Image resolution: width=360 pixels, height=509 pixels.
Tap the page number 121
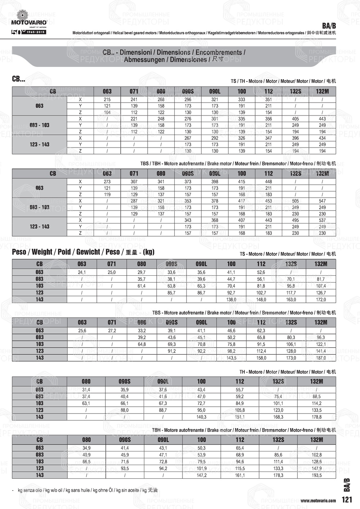(x=347, y=500)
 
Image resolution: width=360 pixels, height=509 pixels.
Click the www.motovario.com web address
(x=318, y=500)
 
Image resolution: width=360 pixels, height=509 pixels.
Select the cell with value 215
(x=107, y=99)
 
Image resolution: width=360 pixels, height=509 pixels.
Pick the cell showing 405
(x=295, y=119)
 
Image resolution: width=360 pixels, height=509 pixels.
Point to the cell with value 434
(x=322, y=138)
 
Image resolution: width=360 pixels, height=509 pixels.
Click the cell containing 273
(x=107, y=182)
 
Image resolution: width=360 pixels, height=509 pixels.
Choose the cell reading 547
(x=322, y=201)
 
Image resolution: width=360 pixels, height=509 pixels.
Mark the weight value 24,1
(x=82, y=272)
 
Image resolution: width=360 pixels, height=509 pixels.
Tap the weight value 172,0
(x=321, y=299)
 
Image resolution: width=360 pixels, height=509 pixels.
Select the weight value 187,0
(x=321, y=358)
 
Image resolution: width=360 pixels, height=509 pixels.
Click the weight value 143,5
(x=231, y=358)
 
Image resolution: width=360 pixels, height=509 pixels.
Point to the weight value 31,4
(x=86, y=390)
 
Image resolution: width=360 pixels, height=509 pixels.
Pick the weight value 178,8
(x=316, y=417)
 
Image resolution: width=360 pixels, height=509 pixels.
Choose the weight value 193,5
(x=316, y=476)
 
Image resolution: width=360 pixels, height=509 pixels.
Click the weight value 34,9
(x=86, y=448)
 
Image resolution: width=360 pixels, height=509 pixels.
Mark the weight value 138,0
(x=231, y=299)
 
